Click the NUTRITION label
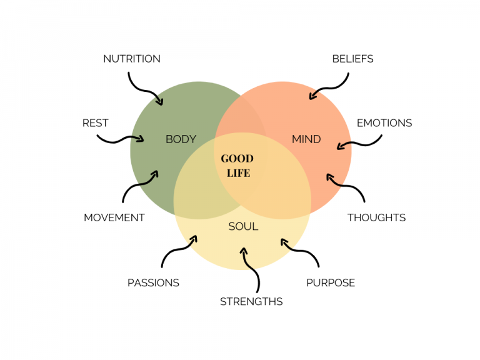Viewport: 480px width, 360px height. point(131,59)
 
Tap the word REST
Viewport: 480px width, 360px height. point(95,123)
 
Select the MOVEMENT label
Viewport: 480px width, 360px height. point(114,217)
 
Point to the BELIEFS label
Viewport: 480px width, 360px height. point(352,59)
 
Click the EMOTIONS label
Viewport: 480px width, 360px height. point(384,123)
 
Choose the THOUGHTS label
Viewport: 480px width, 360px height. point(376,217)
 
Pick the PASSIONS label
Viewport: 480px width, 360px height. point(153,282)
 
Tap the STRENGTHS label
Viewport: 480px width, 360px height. point(251,301)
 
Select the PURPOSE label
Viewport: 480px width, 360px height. point(330,282)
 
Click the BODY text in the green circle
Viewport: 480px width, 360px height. point(181,139)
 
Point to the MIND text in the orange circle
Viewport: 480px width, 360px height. point(306,139)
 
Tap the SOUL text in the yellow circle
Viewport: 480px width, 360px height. point(243,226)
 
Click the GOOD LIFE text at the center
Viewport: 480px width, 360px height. point(237,166)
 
